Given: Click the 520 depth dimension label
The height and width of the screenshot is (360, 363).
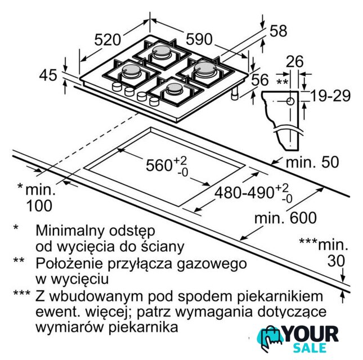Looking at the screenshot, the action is click(107, 39).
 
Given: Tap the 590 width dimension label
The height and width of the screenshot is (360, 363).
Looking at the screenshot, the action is click(199, 39).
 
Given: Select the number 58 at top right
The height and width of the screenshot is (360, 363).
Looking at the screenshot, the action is click(279, 31).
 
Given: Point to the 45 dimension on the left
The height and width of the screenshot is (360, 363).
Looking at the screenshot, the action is click(48, 75).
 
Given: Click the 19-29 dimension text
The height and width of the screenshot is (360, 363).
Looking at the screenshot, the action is click(330, 96).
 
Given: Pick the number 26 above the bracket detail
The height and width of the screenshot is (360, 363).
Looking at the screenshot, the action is click(294, 61).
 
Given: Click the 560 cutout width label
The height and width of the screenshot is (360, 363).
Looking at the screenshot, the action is click(167, 165).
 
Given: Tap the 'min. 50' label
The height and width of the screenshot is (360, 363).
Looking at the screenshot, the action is click(312, 162).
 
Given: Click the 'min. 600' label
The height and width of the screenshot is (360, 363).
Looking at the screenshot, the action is click(285, 218).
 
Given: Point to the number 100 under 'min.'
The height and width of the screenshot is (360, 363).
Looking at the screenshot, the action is click(39, 206).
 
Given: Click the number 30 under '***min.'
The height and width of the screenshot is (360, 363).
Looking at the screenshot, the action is click(336, 261).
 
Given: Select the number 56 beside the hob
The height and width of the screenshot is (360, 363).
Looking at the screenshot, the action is click(260, 79).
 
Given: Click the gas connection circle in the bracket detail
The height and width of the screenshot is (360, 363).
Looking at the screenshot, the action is click(290, 101).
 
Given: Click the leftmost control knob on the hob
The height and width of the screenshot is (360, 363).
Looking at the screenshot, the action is click(116, 87).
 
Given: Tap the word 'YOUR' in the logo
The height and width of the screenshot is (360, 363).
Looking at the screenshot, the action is click(311, 334).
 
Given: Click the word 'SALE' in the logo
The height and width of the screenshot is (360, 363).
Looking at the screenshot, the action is click(310, 348).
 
